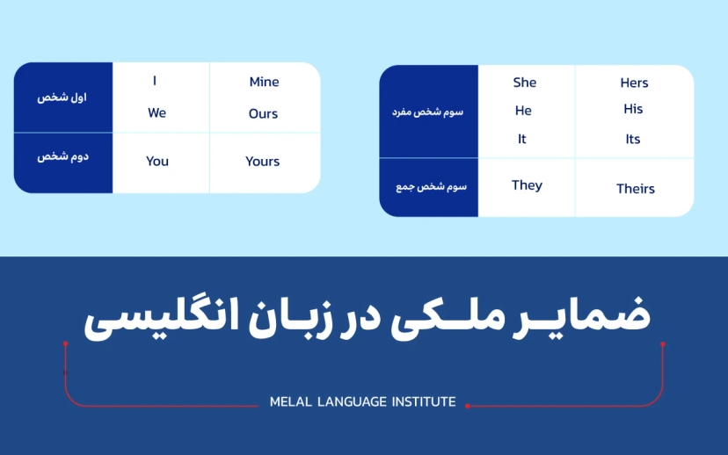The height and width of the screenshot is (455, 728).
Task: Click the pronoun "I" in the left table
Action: (x=155, y=82)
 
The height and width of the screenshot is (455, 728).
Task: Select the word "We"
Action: (x=157, y=113)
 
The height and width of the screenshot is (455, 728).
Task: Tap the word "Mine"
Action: (x=264, y=83)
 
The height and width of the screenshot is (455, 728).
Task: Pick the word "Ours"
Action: (x=263, y=114)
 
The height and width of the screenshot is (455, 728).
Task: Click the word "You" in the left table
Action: (x=157, y=162)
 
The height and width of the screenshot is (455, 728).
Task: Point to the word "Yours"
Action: (x=263, y=162)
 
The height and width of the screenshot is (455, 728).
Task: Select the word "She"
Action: (x=525, y=83)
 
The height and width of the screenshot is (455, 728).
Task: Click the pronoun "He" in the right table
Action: (x=523, y=111)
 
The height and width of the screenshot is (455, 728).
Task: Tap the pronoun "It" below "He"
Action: (x=522, y=139)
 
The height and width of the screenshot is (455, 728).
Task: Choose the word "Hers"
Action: (x=634, y=83)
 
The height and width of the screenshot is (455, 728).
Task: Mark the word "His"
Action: (x=633, y=110)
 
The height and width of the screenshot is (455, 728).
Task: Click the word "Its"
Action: (x=633, y=140)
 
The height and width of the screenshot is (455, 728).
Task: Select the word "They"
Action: (x=527, y=185)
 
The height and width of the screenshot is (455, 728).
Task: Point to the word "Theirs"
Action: (x=636, y=189)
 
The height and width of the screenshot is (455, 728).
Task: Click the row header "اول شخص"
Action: (x=62, y=97)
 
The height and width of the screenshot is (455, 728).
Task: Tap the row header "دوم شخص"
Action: (x=62, y=157)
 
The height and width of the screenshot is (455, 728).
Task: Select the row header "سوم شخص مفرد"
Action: (x=427, y=112)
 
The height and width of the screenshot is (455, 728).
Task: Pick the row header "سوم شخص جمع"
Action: (x=429, y=187)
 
